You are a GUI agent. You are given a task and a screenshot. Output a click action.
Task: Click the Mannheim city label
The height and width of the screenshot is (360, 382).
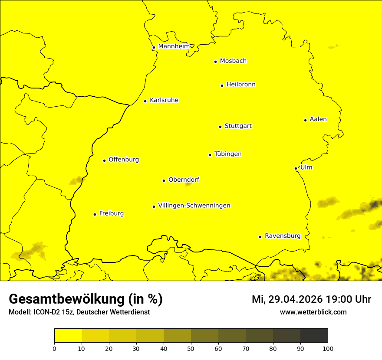pyautogui.click(x=174, y=46)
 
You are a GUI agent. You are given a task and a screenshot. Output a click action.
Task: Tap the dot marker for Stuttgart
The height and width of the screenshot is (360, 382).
pyautogui.click(x=220, y=127)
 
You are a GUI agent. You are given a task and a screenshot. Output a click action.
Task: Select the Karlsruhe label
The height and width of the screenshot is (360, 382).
pyautogui.click(x=164, y=100)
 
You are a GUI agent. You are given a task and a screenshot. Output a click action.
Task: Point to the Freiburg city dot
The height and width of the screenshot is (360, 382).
pyautogui.click(x=95, y=214)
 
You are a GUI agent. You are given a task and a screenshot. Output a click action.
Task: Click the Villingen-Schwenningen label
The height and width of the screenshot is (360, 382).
pyautogui.click(x=194, y=206)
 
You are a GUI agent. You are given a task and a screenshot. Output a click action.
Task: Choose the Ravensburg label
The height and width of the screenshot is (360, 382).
pyautogui.click(x=283, y=236)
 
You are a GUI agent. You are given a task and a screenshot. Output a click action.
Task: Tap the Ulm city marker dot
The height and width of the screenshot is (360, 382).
pyautogui.click(x=296, y=168)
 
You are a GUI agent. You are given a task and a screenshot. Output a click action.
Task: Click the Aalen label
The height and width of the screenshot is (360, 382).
pyautogui.click(x=318, y=119)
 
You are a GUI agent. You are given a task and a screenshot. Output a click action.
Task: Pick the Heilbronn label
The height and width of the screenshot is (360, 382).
pyautogui.click(x=241, y=85)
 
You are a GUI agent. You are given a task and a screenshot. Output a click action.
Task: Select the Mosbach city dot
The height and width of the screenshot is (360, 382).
pyautogui.click(x=215, y=62)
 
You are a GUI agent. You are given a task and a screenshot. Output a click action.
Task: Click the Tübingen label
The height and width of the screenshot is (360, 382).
pyautogui.click(x=228, y=154)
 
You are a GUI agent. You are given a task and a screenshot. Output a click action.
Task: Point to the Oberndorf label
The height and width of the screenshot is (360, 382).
pyautogui.click(x=184, y=180)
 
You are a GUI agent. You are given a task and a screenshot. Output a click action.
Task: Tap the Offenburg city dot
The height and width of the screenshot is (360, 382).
pyautogui.click(x=104, y=160)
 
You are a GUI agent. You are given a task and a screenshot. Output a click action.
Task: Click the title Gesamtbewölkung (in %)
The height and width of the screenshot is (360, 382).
pyautogui.click(x=86, y=299)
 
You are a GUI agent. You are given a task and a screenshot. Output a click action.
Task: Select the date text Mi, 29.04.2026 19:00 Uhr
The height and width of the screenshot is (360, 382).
pyautogui.click(x=311, y=299)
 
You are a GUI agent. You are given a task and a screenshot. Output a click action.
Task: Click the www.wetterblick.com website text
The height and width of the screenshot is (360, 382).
pyautogui.click(x=313, y=312)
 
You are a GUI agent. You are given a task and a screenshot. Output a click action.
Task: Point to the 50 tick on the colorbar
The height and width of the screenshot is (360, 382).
pyautogui.click(x=191, y=348)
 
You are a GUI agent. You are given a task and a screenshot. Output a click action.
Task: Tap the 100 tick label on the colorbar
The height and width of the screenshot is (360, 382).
pyautogui.click(x=328, y=348)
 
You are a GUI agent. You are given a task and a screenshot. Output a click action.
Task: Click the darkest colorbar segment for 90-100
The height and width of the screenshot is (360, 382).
pyautogui.click(x=314, y=335)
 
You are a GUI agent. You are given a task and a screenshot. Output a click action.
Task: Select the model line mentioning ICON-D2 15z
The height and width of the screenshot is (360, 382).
pyautogui.click(x=79, y=312)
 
